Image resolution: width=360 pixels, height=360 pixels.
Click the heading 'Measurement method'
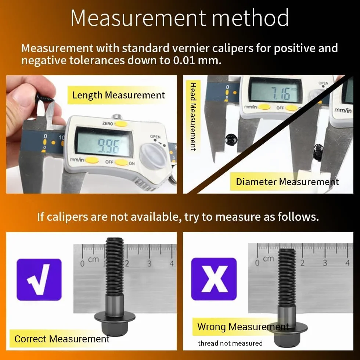(180, 18)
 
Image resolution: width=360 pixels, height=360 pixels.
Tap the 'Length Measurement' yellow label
(118, 95)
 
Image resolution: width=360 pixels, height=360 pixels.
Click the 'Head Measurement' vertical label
(193, 117)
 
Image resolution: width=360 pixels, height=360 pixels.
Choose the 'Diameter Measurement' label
(287, 181)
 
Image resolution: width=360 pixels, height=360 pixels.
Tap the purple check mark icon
(39, 280)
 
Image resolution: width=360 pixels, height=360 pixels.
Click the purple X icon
(214, 279)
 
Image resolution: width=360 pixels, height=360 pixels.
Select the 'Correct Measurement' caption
(62, 339)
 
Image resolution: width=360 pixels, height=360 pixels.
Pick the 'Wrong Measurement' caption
(243, 327)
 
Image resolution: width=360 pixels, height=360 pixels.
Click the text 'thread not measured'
(230, 343)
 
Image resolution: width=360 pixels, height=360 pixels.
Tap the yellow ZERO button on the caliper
(121, 124)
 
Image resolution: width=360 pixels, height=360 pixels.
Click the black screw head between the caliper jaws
(231, 140)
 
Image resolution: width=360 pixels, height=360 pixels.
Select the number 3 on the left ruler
(149, 263)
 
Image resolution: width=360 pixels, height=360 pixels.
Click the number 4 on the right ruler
(348, 263)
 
